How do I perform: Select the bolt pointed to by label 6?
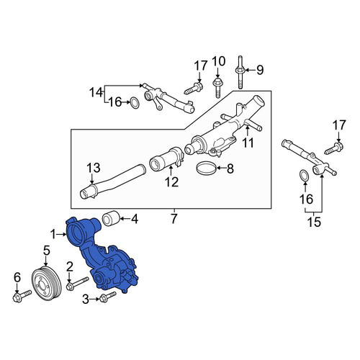coord(22,296)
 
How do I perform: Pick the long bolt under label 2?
coord(77,283)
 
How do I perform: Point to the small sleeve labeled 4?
coord(111,218)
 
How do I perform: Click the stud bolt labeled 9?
coord(240,72)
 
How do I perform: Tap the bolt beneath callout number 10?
coord(217,87)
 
